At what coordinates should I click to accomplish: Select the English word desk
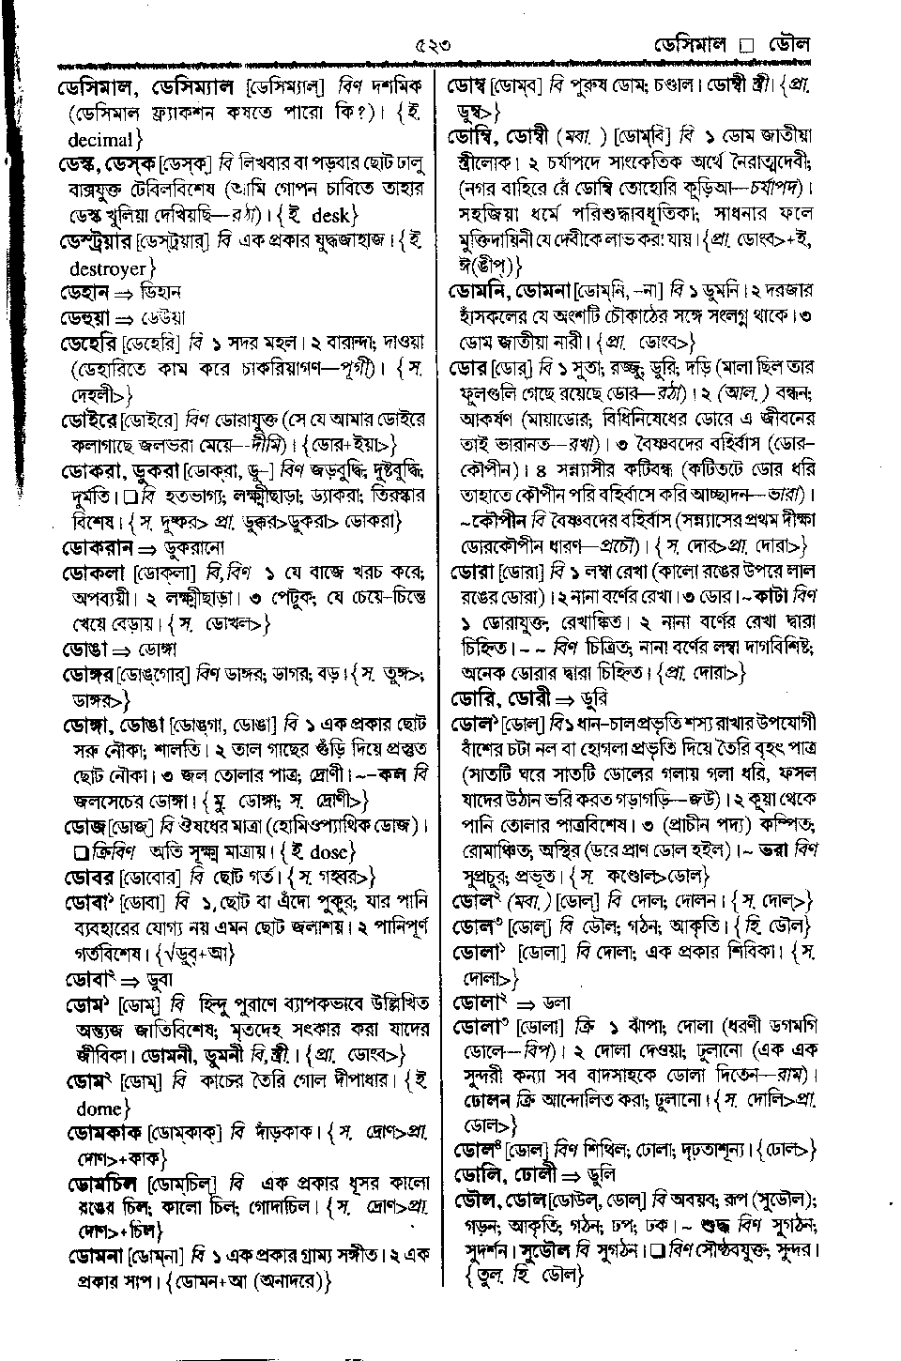point(329,216)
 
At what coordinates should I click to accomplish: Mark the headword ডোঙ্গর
point(88,674)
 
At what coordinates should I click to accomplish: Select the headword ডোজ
point(84,827)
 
